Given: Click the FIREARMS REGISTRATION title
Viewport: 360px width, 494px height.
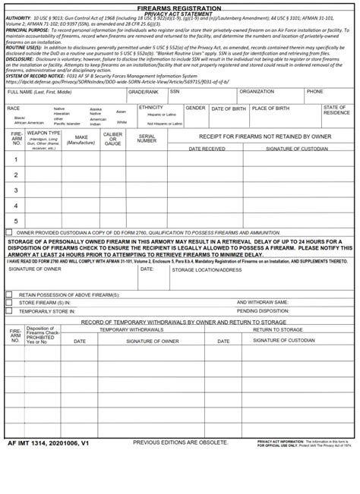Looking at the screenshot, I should coord(179,7).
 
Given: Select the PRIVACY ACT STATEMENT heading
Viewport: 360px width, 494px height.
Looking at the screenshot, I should coord(179,14).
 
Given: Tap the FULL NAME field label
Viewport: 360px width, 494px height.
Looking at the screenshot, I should coord(39,92).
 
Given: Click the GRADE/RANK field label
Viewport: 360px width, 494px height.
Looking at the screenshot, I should coord(143,92).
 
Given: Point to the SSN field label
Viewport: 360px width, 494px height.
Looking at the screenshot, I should coord(175,92).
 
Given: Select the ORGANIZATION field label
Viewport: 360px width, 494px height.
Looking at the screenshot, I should coord(256,92).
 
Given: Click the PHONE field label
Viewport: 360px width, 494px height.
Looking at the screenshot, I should coord(314,92).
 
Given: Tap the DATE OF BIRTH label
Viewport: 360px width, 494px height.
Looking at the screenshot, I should coord(228,109).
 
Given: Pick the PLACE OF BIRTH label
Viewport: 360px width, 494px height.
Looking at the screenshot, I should coord(270,109).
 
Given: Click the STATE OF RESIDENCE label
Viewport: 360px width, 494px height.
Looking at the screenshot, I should coord(336,111).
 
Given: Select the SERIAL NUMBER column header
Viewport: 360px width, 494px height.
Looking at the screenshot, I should coord(147,139).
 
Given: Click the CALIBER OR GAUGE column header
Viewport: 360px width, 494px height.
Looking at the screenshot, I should coord(112,139).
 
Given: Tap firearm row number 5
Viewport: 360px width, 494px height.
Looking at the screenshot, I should coord(15,221).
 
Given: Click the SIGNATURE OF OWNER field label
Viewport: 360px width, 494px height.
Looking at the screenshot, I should coord(35,269).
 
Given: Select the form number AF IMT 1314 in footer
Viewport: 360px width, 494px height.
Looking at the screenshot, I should coord(48,442).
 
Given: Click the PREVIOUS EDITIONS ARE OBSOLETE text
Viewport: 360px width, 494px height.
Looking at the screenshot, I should coord(180,442).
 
